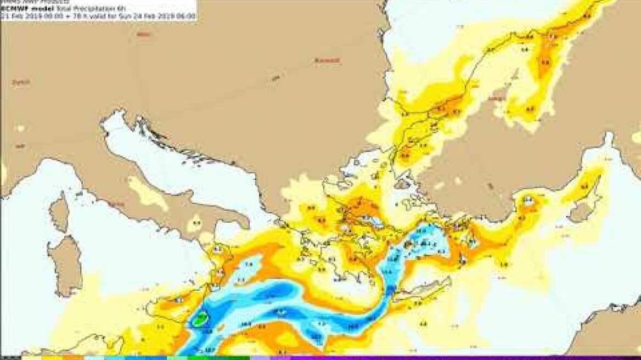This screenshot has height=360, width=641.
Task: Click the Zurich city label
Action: (x=20, y=82)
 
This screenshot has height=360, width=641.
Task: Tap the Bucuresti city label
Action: (x=327, y=60)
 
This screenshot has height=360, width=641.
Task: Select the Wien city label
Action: (x=143, y=35)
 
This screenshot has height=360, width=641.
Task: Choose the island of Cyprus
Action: (x=582, y=211)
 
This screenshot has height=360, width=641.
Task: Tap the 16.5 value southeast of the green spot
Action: (x=208, y=331)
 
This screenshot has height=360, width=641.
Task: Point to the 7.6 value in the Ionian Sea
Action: (x=249, y=265)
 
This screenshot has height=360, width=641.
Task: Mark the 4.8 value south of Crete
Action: (x=423, y=324)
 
